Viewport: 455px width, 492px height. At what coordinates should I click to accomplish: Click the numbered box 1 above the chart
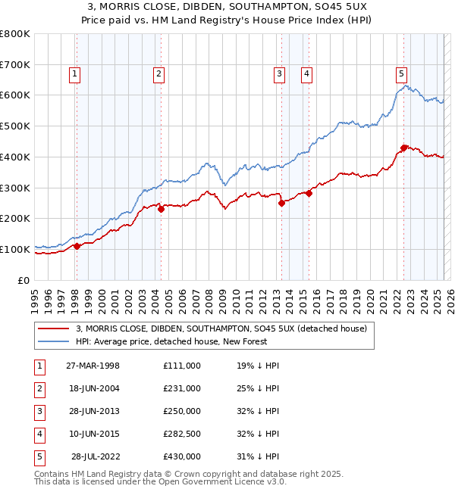pos(76,73)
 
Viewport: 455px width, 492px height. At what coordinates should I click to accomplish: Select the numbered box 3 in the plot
pos(280,73)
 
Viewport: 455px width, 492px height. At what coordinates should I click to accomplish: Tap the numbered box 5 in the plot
pos(401,73)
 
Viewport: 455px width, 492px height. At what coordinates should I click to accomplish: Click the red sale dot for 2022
pos(404,148)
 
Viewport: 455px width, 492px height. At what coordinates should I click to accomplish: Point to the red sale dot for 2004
pos(161,210)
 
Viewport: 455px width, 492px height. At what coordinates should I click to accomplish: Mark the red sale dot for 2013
pos(282,203)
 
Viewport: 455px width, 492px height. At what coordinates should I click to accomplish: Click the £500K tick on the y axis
pos(14,126)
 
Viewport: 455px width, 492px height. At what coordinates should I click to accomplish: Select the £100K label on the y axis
pos(14,249)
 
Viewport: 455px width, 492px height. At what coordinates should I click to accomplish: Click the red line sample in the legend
pos(53,329)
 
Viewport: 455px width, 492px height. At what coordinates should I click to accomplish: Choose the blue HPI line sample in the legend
pos(53,341)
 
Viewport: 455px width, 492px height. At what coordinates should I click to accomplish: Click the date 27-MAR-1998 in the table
pos(93,366)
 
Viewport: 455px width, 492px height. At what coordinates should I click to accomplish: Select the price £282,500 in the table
pos(182,434)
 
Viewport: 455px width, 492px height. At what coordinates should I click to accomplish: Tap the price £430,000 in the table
pos(182,456)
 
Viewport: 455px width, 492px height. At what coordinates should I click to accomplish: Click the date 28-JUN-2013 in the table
pos(93,411)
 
